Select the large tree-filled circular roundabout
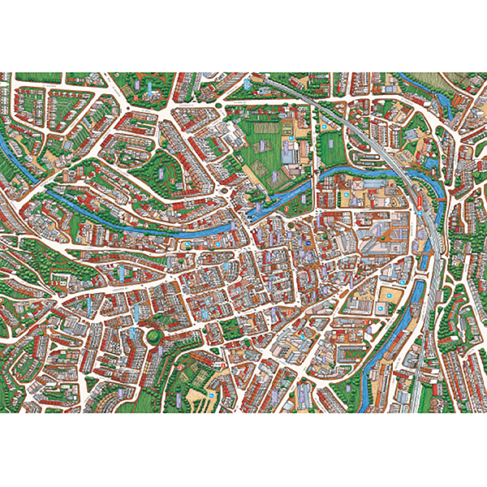(151, 334)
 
